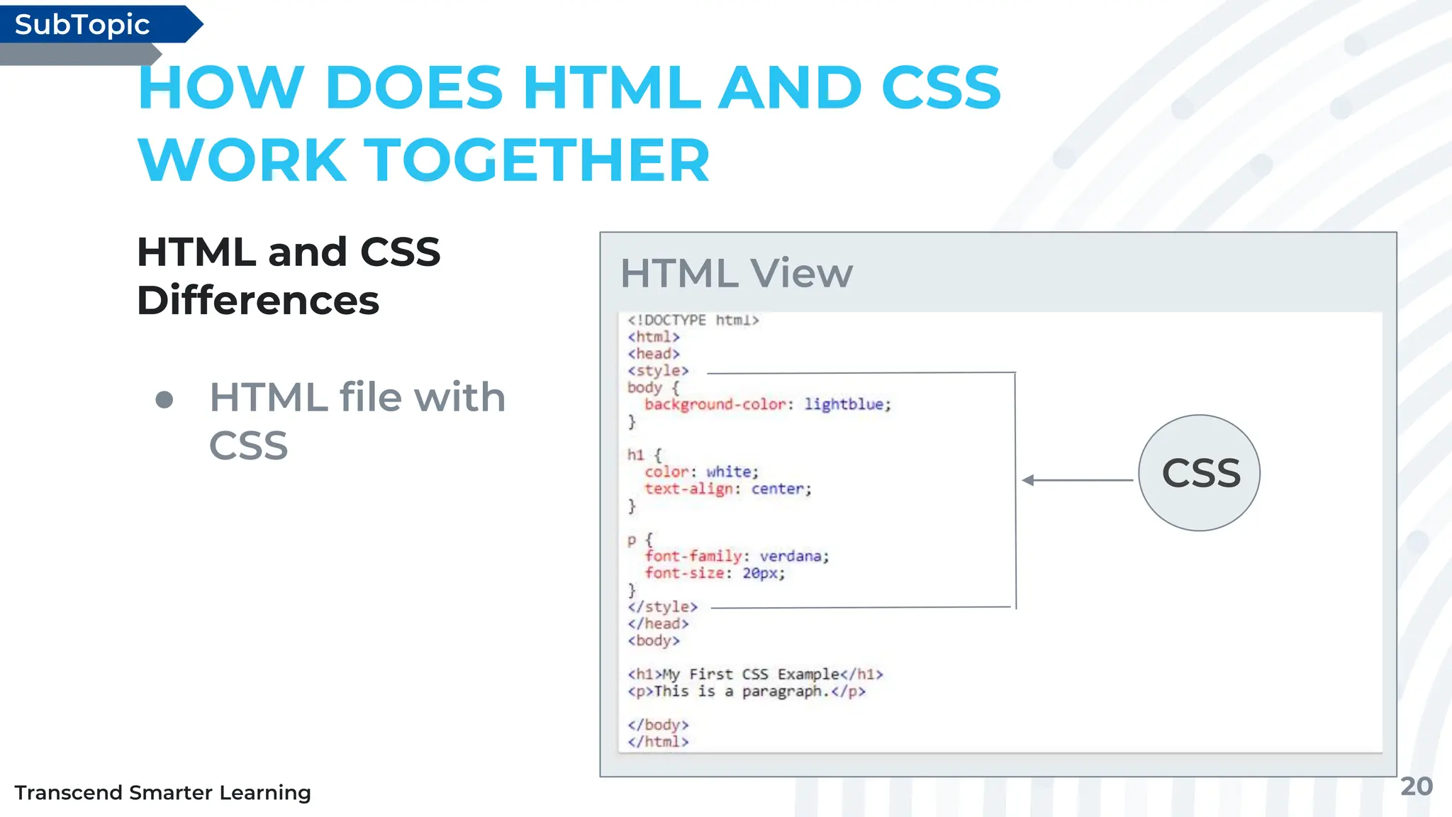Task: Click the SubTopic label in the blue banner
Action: click(x=82, y=25)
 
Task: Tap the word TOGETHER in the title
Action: click(x=536, y=160)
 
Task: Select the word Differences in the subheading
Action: click(x=258, y=301)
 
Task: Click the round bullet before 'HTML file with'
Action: click(x=164, y=399)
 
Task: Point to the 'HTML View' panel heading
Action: click(x=737, y=273)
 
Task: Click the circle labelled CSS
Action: click(x=1200, y=473)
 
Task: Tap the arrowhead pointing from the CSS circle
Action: click(x=1028, y=480)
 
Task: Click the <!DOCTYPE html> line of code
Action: click(x=693, y=320)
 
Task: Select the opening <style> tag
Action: click(x=657, y=370)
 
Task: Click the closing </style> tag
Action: click(x=662, y=607)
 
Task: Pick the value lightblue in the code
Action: click(x=844, y=404)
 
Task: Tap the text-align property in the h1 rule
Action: click(x=688, y=489)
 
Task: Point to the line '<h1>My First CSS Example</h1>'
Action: click(x=755, y=674)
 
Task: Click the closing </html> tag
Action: click(x=658, y=742)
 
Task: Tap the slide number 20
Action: click(x=1416, y=787)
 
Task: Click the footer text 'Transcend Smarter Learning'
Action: click(x=162, y=792)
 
